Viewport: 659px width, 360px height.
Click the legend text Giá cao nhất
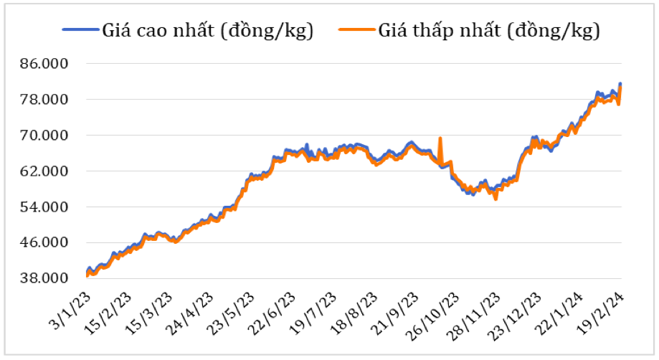click(208, 31)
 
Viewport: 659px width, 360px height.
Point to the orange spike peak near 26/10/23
click(440, 138)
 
